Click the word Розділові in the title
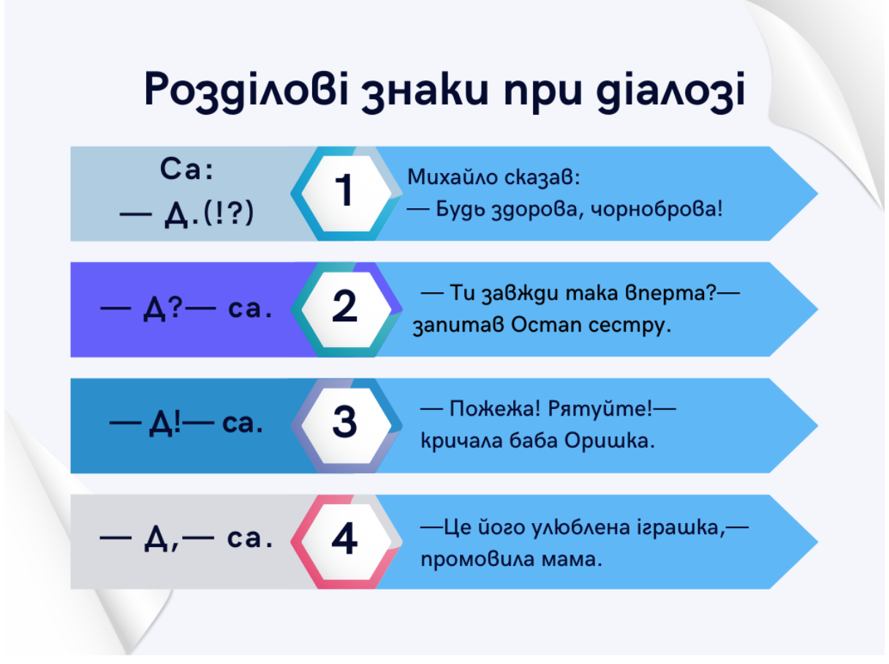point(246,90)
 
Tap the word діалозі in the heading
point(670,90)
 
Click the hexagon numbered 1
point(347,194)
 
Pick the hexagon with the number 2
point(347,310)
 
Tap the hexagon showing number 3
point(347,426)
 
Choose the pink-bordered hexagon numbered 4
point(347,541)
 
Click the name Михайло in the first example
point(453,178)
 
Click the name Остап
point(546,324)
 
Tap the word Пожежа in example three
point(495,408)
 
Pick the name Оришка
point(610,440)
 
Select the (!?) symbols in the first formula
point(229,213)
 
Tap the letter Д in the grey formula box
point(156,539)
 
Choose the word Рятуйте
point(599,408)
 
